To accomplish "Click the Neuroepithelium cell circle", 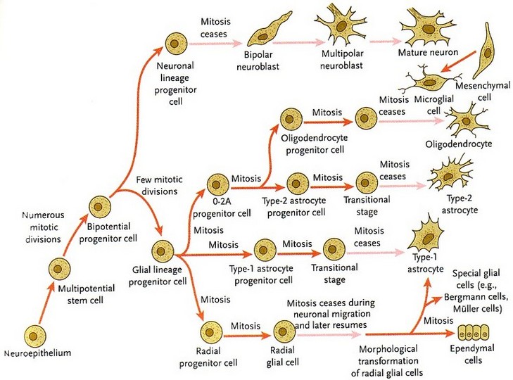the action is point(35,336).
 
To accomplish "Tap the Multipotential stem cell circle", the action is point(60,269).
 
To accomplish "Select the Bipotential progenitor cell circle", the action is point(100,207).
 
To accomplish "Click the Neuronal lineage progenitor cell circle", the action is point(176,44).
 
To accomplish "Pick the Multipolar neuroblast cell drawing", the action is point(341,26).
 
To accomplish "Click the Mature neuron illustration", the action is point(427,29).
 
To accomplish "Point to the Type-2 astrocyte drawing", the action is point(451,175).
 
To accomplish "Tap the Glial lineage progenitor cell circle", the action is point(163,251).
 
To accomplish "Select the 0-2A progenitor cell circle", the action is point(217,184).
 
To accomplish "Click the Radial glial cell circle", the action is point(284,331).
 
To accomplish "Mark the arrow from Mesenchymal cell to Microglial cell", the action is point(458,61).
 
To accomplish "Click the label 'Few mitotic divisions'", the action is point(159,185).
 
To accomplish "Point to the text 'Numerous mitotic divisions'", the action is point(43,227).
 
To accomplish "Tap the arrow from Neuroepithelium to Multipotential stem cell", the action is point(46,303).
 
